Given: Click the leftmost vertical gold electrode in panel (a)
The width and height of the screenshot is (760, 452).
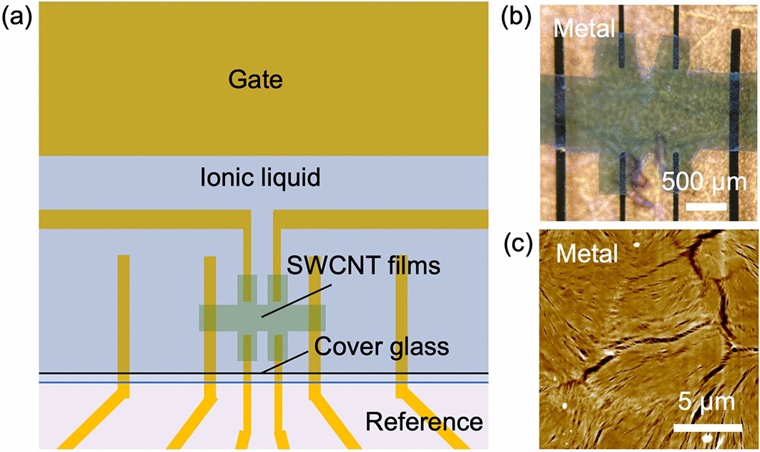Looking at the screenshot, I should tap(123, 322).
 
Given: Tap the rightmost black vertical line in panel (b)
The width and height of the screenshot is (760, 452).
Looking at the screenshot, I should tap(736, 122).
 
